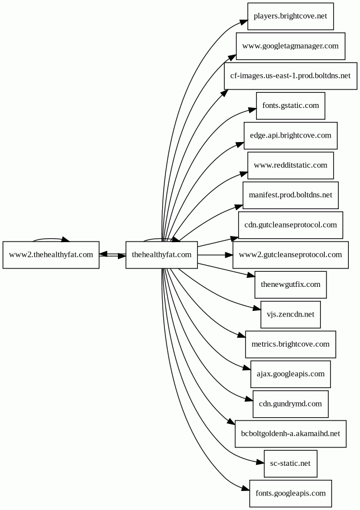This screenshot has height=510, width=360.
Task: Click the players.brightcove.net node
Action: pos(291,16)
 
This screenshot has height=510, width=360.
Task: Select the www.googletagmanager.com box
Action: pos(291,46)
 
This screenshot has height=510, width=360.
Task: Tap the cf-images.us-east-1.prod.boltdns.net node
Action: pos(291,76)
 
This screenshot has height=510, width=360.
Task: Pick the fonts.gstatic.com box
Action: pos(291,106)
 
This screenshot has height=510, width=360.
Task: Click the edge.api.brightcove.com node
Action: pos(291,136)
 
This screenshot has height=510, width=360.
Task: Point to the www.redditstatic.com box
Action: pos(291,166)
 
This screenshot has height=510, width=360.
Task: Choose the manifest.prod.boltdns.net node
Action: pos(291,195)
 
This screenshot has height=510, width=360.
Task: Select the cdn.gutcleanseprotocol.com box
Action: pos(291,225)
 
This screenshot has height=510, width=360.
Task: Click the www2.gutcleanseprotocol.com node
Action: pos(291,255)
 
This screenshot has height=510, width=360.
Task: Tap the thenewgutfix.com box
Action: pos(291,285)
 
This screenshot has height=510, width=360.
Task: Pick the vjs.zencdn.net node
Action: pos(291,314)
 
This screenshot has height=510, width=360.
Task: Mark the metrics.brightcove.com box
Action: pos(291,344)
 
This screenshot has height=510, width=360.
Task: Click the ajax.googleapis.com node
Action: pos(291,374)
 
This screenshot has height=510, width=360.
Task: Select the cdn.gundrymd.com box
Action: pos(291,404)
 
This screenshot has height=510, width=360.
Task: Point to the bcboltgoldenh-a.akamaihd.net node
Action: pos(291,434)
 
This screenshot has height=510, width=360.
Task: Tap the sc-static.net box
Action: pos(291,464)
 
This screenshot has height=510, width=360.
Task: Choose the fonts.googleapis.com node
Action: pos(291,493)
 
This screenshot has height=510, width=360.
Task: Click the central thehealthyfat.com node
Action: pos(162,255)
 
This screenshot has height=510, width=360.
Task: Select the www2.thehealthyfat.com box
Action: pos(51,255)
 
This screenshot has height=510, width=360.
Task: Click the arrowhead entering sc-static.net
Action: pos(260,462)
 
